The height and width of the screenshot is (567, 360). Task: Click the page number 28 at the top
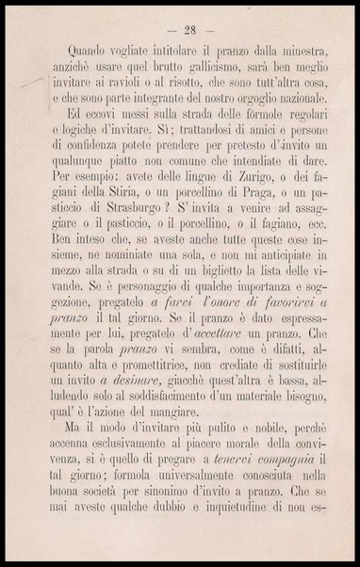[x=180, y=24]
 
